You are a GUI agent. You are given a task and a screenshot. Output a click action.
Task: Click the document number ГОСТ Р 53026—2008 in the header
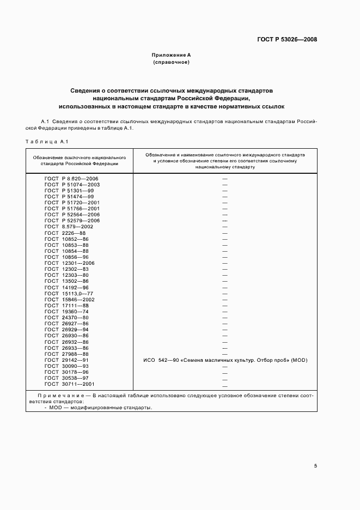(x=288, y=40)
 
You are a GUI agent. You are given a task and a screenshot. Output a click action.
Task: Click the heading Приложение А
(x=171, y=55)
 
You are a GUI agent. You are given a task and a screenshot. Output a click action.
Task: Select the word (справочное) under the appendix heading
(x=171, y=63)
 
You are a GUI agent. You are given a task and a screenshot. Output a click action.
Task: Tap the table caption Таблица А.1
(x=46, y=142)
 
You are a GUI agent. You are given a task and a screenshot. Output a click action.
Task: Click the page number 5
(x=316, y=466)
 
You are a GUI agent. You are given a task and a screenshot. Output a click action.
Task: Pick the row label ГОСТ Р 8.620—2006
(x=71, y=179)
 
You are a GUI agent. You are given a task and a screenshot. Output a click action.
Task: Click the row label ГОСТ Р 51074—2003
(x=72, y=185)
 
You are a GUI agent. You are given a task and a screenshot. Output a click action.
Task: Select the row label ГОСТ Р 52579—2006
(x=72, y=221)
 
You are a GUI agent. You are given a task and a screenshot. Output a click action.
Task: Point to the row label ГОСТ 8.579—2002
(x=70, y=227)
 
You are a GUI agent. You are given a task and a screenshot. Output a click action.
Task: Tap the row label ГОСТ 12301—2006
(x=70, y=263)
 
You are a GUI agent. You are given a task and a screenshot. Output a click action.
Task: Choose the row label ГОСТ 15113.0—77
(x=69, y=294)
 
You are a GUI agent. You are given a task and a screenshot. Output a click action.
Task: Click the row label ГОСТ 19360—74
(x=66, y=312)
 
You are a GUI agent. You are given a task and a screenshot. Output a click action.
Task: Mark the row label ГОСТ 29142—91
(x=66, y=360)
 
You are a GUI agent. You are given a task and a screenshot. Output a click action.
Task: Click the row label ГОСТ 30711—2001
(x=70, y=384)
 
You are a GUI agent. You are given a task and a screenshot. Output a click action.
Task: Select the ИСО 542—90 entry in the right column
(x=224, y=360)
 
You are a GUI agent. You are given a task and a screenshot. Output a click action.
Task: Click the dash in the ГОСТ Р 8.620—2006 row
(x=224, y=179)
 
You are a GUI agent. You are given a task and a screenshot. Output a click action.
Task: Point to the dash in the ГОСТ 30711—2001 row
(x=224, y=384)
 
